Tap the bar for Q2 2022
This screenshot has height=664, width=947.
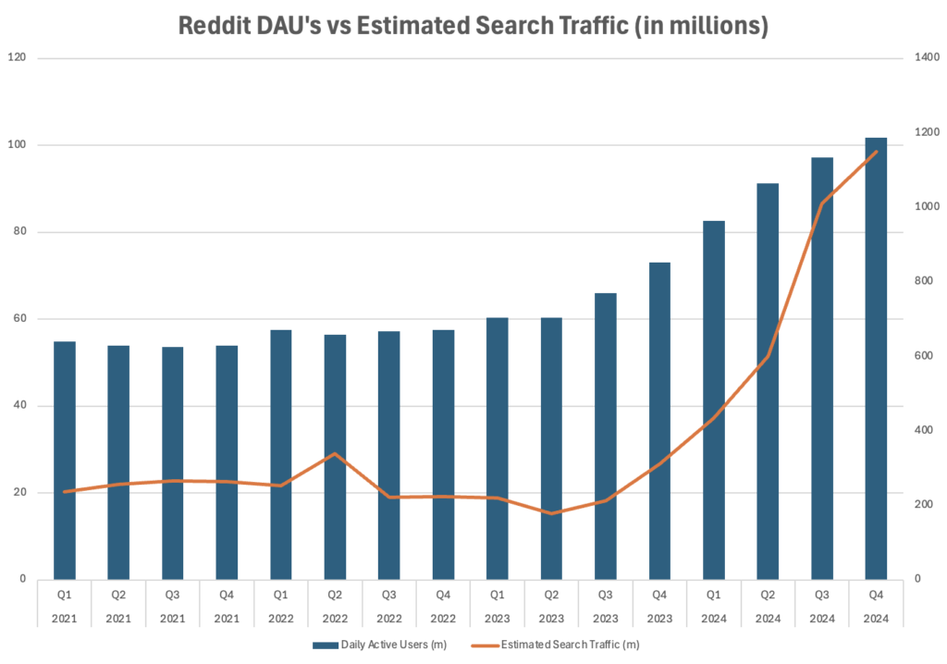coord(335,457)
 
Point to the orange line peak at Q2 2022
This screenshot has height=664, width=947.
coord(335,454)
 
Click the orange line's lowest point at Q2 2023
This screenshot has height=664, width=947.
coord(551,513)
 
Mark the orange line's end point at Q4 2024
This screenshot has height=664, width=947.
coord(876,152)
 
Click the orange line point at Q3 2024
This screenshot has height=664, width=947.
coord(822,203)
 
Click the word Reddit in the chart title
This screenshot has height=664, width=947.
coord(218,27)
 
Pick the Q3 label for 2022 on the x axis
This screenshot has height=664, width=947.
coord(388,595)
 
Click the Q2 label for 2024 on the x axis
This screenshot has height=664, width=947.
coord(768,595)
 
